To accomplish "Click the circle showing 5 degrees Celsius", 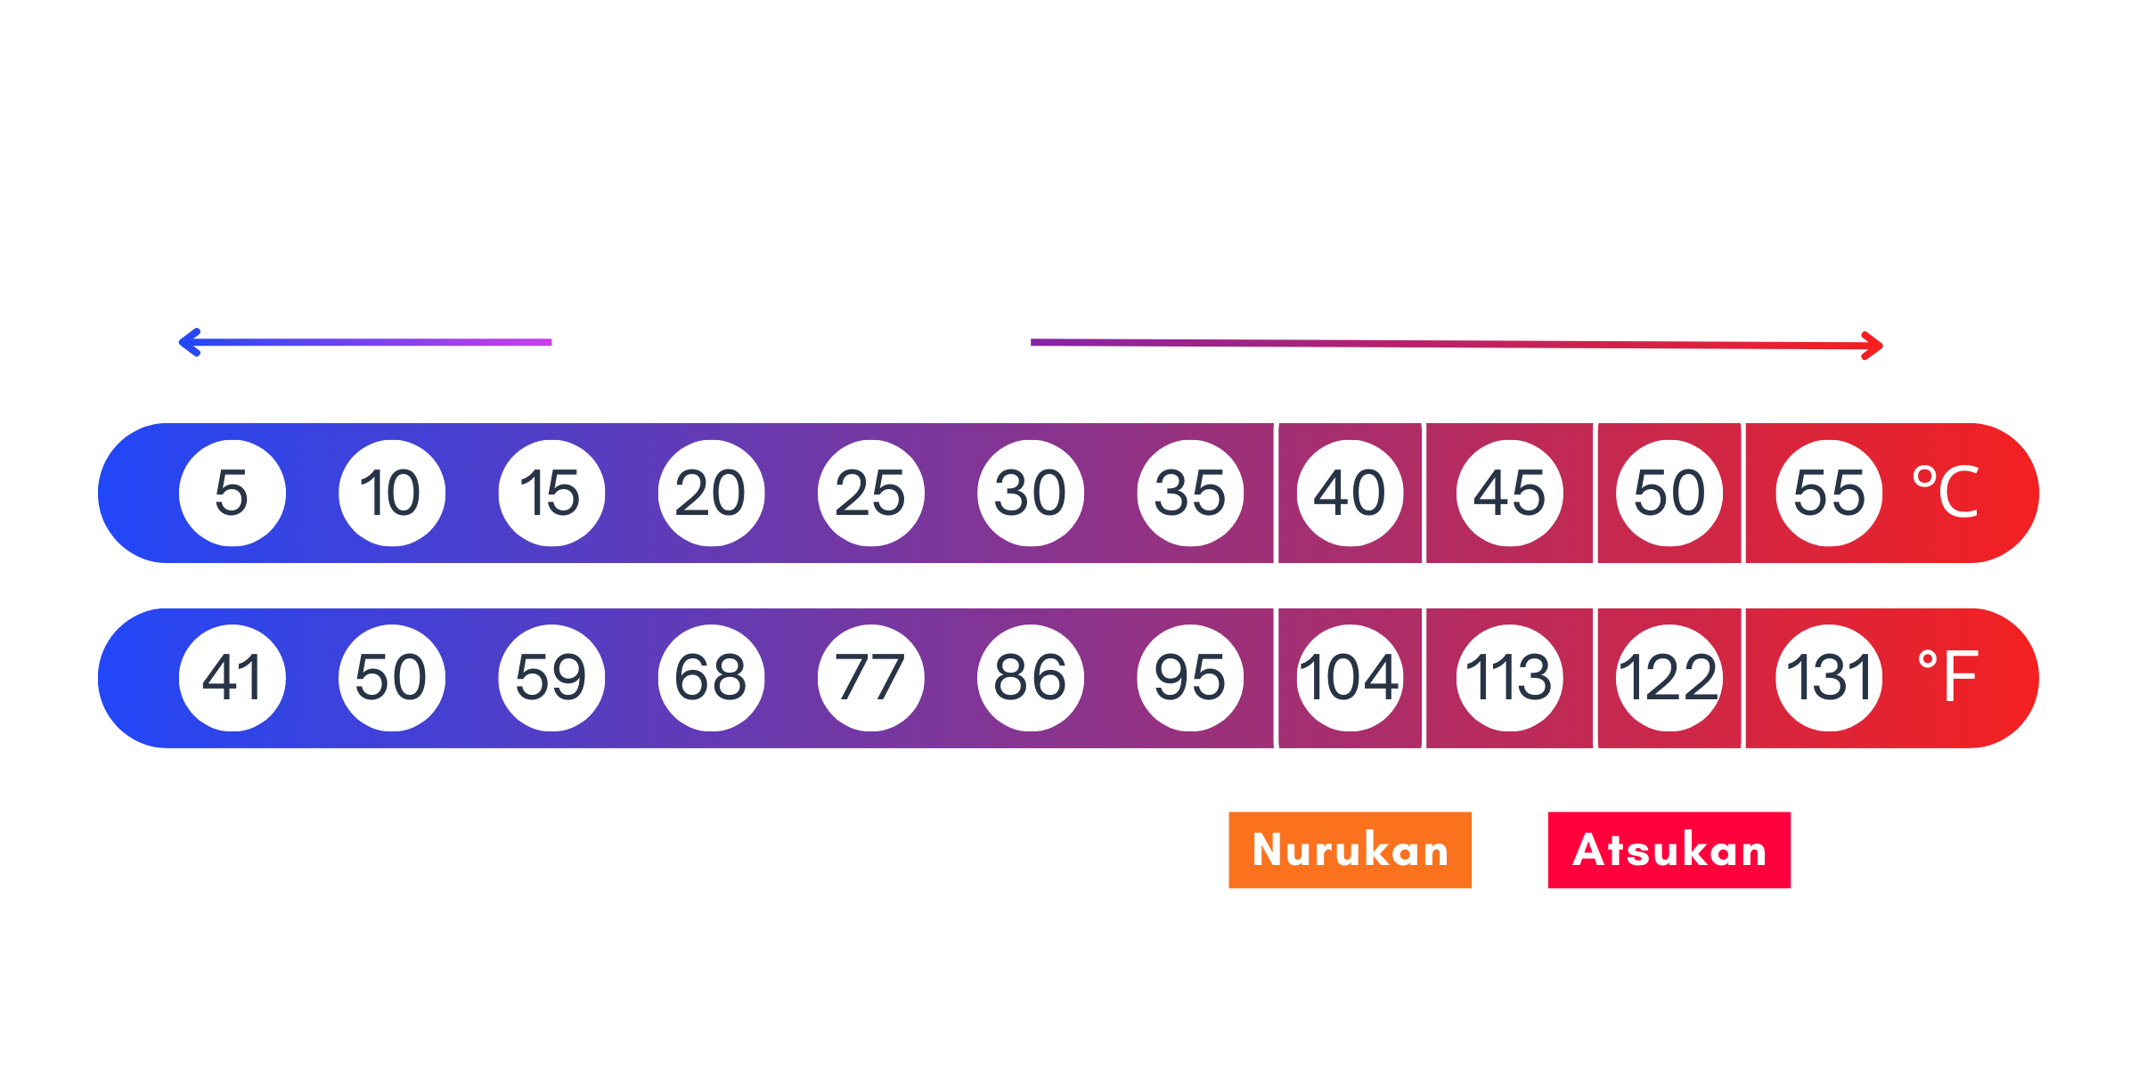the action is coord(232,493).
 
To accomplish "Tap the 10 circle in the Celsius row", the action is coord(391,493).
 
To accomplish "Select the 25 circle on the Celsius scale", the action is coord(870,493).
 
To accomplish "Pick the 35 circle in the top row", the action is coord(1190,493).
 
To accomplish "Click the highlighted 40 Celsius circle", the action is coord(1350,493).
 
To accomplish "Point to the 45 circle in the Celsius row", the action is coord(1509,493).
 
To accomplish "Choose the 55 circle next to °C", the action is coord(1829,493).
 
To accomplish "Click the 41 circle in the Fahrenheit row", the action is coord(232,678).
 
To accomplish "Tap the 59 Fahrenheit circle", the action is coord(551,678).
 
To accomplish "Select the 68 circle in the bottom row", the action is coord(711,678).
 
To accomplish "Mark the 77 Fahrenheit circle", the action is coord(870,678).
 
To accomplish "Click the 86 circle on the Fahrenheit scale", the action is coord(1030,678).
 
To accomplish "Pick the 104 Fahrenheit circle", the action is coord(1350,678).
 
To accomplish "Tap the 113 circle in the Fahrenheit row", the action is coord(1509,678).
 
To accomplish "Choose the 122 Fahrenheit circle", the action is coord(1669,678).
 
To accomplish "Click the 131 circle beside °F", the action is coord(1829,678).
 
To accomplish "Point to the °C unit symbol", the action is coord(1946,492).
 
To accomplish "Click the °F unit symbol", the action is coord(1947,677).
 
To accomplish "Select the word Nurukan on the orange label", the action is coord(1351,850).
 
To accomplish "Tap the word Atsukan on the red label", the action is coord(1669,850).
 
